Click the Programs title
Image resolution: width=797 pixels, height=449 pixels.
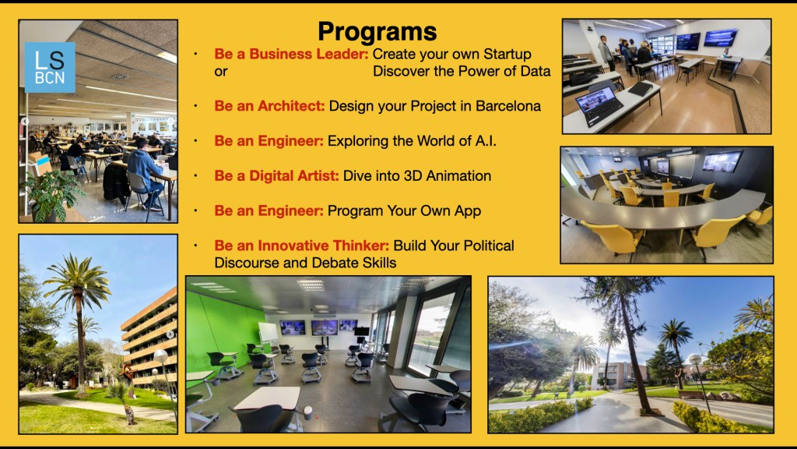pyautogui.click(x=377, y=31)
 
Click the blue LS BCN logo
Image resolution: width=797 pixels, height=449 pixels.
pyautogui.click(x=50, y=67)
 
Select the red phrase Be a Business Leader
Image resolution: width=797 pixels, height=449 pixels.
pyautogui.click(x=291, y=54)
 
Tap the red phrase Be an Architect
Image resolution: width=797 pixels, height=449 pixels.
pyautogui.click(x=269, y=106)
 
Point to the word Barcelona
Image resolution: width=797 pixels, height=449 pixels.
pyautogui.click(x=507, y=106)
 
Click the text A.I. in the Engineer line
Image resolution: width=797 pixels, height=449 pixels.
pyautogui.click(x=486, y=141)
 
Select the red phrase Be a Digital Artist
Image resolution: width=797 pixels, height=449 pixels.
pyautogui.click(x=276, y=175)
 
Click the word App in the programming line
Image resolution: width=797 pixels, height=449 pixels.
pyautogui.click(x=468, y=210)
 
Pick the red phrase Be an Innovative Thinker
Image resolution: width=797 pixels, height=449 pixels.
pyautogui.click(x=301, y=246)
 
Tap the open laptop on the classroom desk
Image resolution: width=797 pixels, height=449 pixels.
pyautogui.click(x=599, y=105)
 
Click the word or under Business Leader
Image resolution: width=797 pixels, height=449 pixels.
pyautogui.click(x=220, y=72)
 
